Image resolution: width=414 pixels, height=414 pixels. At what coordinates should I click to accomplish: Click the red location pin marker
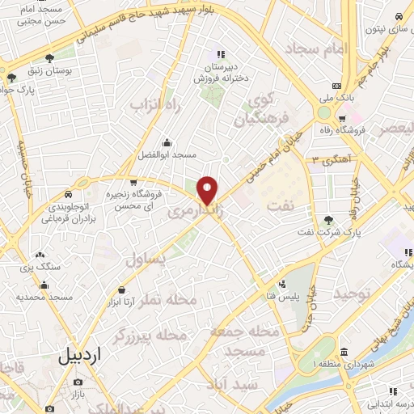[208, 191]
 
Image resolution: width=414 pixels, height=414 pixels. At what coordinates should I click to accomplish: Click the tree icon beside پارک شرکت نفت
[327, 219]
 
